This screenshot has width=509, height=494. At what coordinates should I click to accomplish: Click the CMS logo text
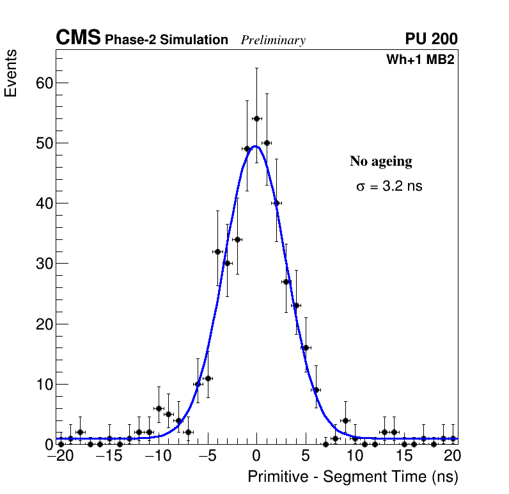[78, 38]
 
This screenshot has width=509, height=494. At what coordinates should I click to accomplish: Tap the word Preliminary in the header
[273, 40]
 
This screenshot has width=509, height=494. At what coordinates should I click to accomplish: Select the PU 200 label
[431, 39]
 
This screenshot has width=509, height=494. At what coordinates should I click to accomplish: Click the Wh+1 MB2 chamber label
[420, 60]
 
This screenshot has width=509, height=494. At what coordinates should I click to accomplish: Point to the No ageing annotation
[380, 161]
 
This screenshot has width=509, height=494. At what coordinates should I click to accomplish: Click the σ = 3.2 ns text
[389, 187]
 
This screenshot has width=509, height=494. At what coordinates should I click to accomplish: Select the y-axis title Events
[11, 73]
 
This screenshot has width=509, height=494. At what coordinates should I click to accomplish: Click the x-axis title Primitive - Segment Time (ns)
[353, 477]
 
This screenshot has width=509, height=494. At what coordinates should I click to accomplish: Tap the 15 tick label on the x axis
[404, 456]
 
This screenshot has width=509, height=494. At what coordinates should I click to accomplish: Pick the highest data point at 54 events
[256, 118]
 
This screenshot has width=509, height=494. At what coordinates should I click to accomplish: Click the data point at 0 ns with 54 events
[256, 118]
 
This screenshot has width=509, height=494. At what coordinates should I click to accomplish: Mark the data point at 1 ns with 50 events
[267, 143]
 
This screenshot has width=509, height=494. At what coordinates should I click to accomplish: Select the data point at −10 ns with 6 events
[159, 408]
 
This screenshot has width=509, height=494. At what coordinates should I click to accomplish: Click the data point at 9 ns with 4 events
[345, 420]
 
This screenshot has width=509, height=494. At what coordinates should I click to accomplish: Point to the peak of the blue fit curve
[255, 146]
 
